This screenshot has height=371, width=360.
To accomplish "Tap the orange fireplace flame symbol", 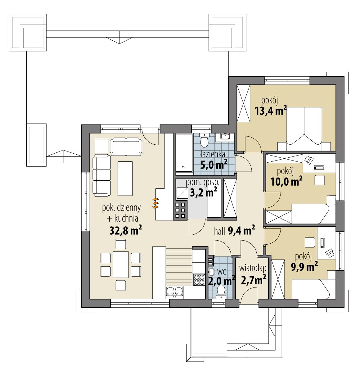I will pyautogui.click(x=155, y=203).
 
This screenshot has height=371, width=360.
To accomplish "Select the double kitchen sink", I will pyautogui.click(x=174, y=292).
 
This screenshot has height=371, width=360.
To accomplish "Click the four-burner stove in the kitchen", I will pyautogui.click(x=199, y=280).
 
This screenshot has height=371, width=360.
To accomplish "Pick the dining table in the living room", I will pyautogui.click(x=121, y=265).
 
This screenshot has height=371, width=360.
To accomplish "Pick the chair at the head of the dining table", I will pyautogui.click(x=121, y=244).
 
